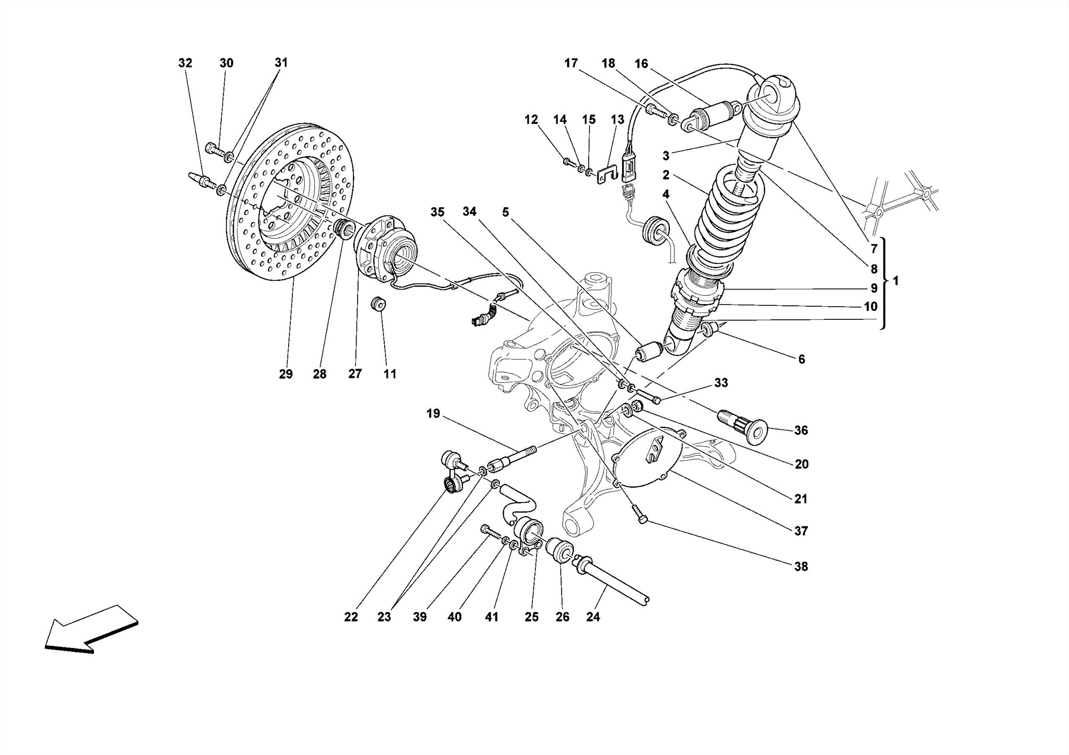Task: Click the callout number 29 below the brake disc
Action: (x=286, y=374)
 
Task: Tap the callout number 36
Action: (x=801, y=430)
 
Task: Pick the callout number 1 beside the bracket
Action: (x=896, y=281)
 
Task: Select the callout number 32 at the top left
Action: (x=185, y=63)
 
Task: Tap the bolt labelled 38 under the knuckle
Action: (x=640, y=514)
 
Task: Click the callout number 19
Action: (x=433, y=414)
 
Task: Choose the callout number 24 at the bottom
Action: (x=593, y=617)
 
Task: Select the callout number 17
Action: (x=571, y=63)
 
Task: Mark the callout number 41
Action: (x=492, y=617)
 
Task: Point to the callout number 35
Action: (x=437, y=212)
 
